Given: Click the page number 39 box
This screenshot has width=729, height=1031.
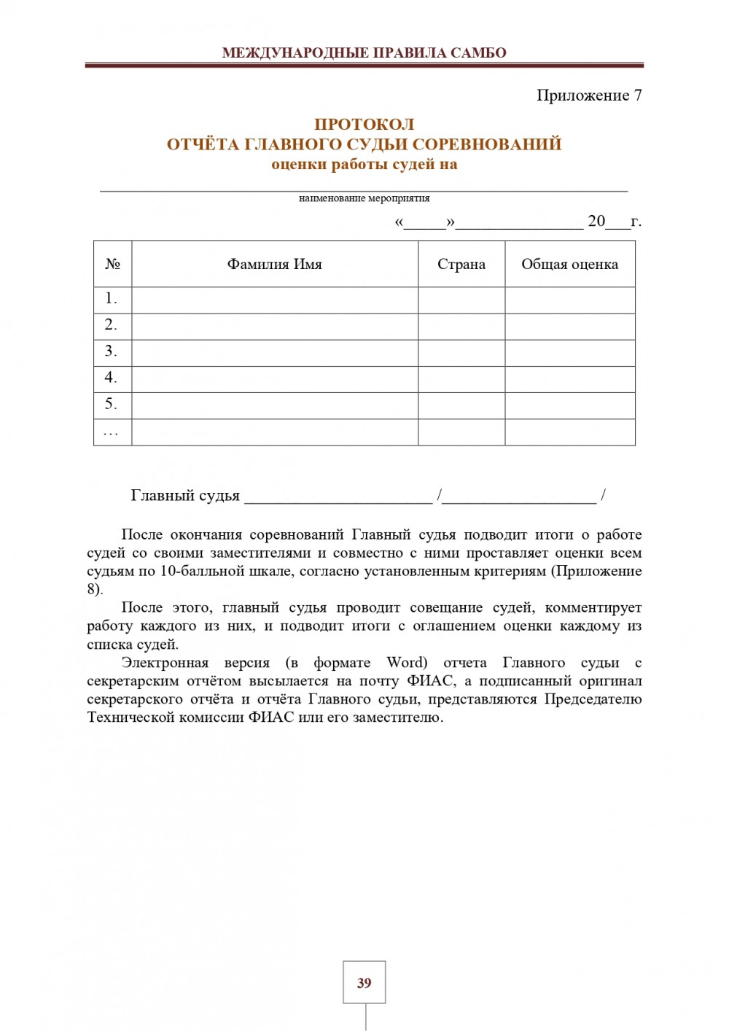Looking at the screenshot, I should (x=364, y=982).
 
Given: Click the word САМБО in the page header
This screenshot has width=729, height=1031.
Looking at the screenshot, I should (x=478, y=52).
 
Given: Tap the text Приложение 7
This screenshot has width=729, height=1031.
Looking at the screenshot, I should (x=589, y=95).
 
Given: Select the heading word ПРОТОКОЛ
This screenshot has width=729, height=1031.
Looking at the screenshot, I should (x=364, y=124).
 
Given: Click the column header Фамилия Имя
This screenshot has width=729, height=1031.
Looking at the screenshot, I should (x=274, y=264).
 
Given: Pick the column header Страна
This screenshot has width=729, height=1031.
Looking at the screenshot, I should (x=461, y=264).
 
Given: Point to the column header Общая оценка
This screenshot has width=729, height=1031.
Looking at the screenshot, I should (x=569, y=264).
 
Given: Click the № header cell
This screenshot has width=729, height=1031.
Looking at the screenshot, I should (x=112, y=264).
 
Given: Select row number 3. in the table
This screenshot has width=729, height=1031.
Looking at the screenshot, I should (x=111, y=351).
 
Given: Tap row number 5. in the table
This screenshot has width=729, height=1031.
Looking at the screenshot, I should (x=111, y=404).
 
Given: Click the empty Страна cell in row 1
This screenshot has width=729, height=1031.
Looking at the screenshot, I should (x=461, y=300).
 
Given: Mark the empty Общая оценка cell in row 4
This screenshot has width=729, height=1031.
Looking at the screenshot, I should (x=569, y=379).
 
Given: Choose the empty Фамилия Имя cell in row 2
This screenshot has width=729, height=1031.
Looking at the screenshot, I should (x=274, y=327).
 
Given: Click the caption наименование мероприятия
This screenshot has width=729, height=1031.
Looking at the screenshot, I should (x=364, y=198).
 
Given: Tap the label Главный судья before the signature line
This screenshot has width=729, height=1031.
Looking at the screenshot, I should (x=185, y=496).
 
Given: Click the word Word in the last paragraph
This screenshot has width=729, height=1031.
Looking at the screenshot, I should (x=406, y=663).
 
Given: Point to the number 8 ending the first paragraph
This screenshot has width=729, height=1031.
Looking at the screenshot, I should (x=93, y=589).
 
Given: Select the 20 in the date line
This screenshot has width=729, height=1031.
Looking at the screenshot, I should (x=596, y=221).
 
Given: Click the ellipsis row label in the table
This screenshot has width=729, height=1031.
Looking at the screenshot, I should (x=111, y=432).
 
